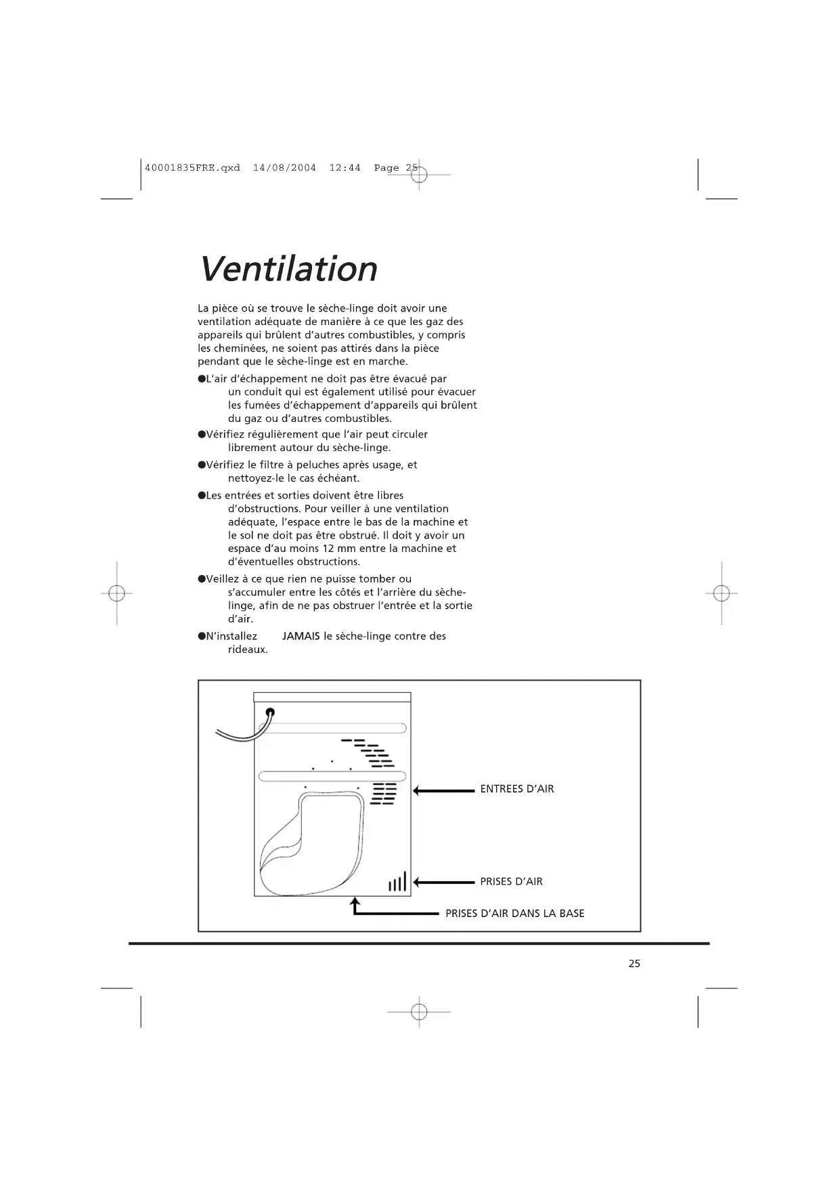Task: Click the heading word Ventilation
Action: pos(288,269)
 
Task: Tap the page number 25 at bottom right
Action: pos(634,964)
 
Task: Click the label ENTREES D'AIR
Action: pos(517,789)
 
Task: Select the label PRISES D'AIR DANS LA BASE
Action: pos(514,914)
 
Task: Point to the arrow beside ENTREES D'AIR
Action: pos(443,790)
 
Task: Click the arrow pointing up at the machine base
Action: pos(355,906)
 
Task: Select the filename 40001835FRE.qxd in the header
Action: pos(192,168)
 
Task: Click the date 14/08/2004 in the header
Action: pos(284,168)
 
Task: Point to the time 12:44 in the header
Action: pos(345,168)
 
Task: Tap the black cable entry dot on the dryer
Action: pos(270,712)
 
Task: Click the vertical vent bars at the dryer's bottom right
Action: pos(398,882)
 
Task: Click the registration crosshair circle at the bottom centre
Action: pos(419,1012)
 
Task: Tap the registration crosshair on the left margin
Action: pos(116,593)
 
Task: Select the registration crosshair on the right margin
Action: pos(722,593)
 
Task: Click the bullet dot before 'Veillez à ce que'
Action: pos(202,579)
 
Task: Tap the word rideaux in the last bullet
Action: pos(248,650)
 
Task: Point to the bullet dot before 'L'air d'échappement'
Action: pos(202,379)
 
